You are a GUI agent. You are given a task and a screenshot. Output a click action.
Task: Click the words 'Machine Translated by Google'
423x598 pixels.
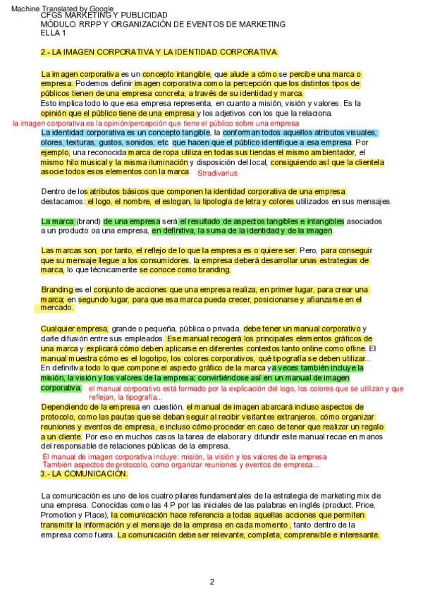53,8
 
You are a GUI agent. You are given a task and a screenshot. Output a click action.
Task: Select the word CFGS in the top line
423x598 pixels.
51,16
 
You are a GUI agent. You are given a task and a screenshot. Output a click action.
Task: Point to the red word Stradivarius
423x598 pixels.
218,173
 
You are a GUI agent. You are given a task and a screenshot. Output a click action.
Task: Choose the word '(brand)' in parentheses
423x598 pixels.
90,221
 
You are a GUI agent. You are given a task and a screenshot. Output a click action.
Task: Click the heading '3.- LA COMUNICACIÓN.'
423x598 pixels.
85,475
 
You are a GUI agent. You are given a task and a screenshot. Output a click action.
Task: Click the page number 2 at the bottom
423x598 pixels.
211,581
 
